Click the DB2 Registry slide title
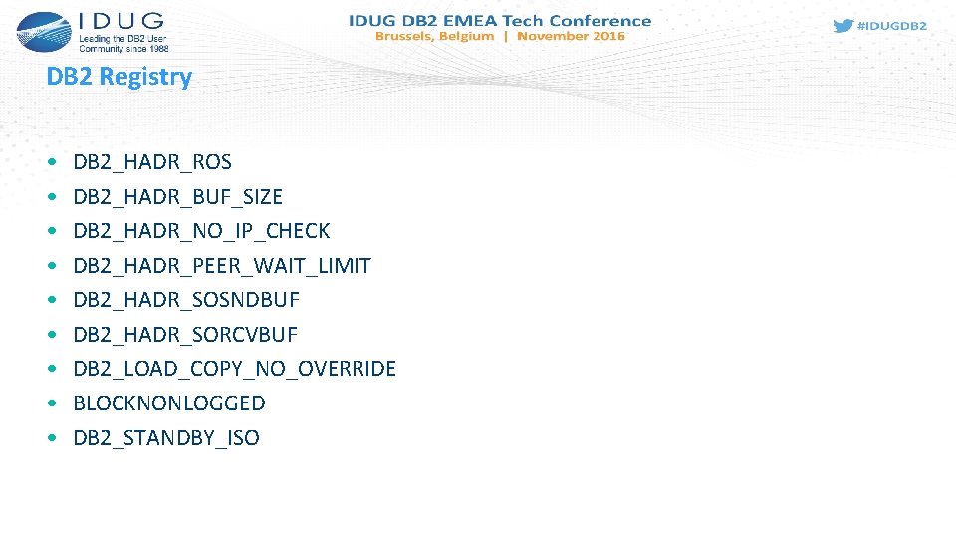pyautogui.click(x=119, y=77)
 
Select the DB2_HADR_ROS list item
pyautogui.click(x=152, y=162)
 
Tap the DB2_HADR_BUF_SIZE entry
pyautogui.click(x=177, y=197)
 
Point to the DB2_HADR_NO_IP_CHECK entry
pyautogui.click(x=201, y=231)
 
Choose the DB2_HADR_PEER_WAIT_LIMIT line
pyautogui.click(x=221, y=266)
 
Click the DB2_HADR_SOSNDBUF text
pyautogui.click(x=186, y=300)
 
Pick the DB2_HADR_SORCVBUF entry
pyautogui.click(x=185, y=335)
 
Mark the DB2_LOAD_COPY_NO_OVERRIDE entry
pyautogui.click(x=234, y=369)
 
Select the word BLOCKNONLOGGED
pyautogui.click(x=169, y=403)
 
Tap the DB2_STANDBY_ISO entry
pyautogui.click(x=166, y=438)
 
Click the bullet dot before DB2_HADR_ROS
pyautogui.click(x=51, y=162)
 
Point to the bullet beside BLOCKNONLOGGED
pyautogui.click(x=51, y=403)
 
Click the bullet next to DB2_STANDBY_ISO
pyautogui.click(x=51, y=438)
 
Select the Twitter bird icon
pyautogui.click(x=842, y=26)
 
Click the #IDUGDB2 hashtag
pyautogui.click(x=892, y=26)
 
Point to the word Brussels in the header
pyautogui.click(x=406, y=36)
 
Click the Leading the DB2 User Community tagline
pyautogui.click(x=123, y=43)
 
